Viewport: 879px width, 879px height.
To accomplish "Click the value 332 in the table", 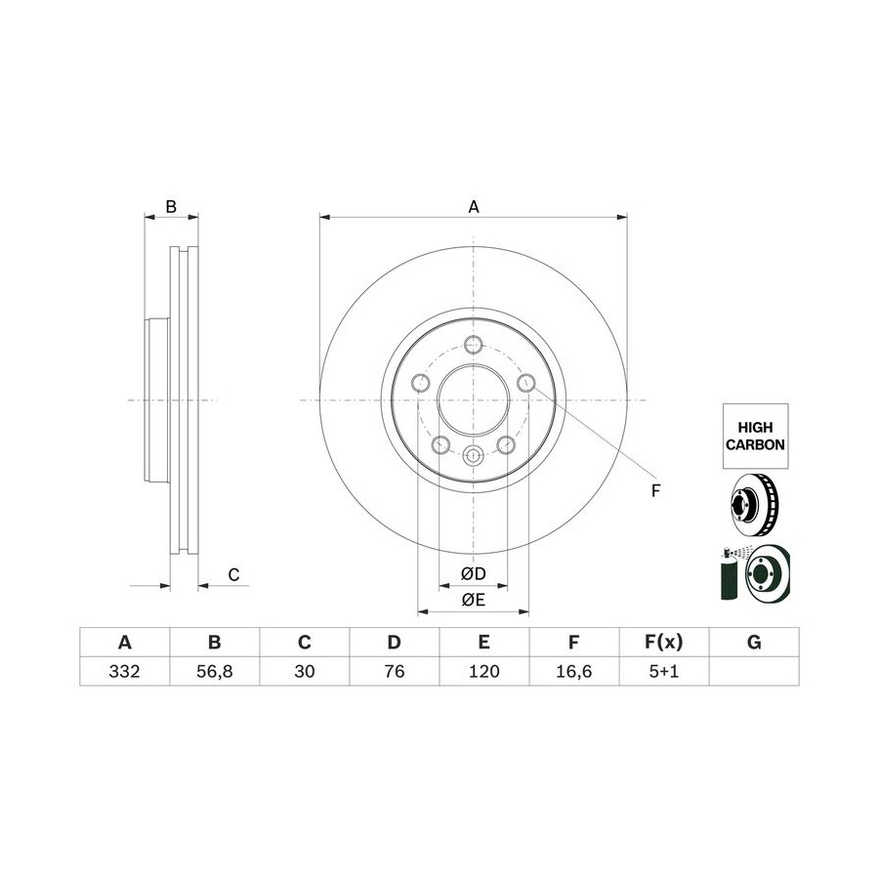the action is tap(124, 671).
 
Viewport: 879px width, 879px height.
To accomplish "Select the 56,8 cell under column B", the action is tap(214, 671).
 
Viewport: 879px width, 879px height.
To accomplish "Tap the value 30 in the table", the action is tap(305, 671).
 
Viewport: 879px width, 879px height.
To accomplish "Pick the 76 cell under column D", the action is tap(395, 671).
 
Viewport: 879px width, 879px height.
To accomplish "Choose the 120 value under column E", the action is tap(483, 671).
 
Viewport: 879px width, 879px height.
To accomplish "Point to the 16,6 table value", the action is tap(574, 671).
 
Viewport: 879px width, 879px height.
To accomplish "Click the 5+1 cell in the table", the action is tap(664, 671).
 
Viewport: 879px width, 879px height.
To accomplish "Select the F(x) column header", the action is tap(664, 642).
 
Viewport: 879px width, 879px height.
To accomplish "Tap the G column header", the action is tap(754, 642).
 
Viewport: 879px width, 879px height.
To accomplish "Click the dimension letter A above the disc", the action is tap(474, 207).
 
